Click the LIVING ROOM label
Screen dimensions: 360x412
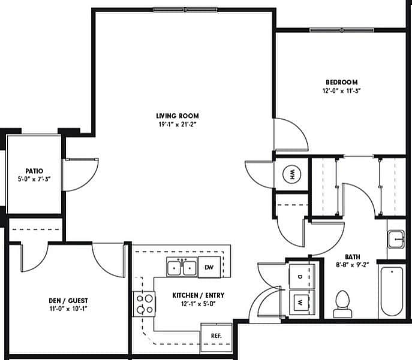(177, 116)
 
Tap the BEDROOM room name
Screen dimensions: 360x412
(342, 82)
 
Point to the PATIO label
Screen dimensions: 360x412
(34, 170)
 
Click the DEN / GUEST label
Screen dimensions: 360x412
(69, 301)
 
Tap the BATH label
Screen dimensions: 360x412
(353, 255)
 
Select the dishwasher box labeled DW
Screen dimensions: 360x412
(209, 267)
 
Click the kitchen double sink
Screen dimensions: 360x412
(182, 267)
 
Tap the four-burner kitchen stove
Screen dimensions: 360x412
(145, 303)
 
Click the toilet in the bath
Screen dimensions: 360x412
(342, 303)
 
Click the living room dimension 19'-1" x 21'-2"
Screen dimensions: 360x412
(177, 125)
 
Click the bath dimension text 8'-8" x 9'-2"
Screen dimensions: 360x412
(353, 263)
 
